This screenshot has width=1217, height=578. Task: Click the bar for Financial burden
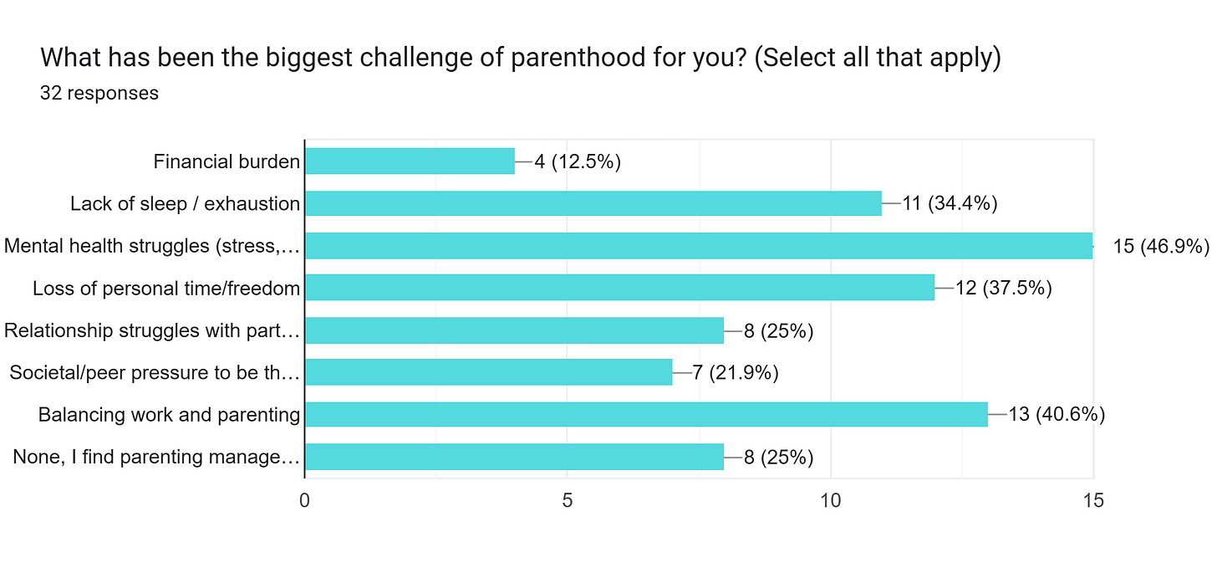point(410,161)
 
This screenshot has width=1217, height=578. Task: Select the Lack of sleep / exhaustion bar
point(593,203)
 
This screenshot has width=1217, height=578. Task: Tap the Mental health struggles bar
point(698,246)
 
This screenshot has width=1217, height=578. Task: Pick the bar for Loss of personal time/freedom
point(619,288)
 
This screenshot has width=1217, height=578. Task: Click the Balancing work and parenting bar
point(645,414)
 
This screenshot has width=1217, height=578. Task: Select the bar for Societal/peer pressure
point(488,372)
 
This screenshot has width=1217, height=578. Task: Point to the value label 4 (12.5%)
point(577,161)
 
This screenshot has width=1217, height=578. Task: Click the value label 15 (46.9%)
point(1161,246)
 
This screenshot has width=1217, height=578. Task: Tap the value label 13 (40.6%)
point(1057,414)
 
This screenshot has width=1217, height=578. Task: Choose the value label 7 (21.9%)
point(735,372)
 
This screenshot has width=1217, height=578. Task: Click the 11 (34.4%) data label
point(950,203)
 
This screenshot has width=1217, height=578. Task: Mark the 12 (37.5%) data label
point(1002,288)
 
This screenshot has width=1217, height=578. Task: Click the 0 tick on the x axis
point(305,501)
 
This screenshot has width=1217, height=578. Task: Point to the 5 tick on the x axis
point(568,501)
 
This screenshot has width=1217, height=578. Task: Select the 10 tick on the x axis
point(830,501)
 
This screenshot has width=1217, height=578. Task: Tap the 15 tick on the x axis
point(1092,501)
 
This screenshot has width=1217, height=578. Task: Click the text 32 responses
point(99,93)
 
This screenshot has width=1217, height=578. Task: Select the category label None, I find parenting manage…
point(156,457)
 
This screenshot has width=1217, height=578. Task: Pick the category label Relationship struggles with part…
point(151,330)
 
